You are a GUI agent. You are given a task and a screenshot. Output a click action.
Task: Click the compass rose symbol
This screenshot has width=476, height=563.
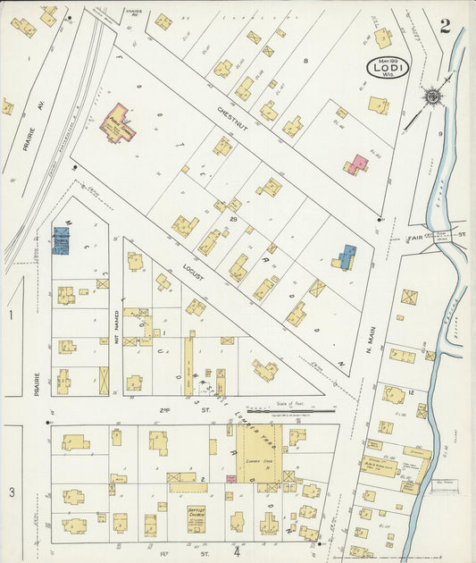432,95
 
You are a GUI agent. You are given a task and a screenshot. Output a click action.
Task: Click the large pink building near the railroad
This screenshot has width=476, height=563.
118,123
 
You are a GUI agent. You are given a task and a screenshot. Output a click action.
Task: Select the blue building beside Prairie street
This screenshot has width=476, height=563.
61,239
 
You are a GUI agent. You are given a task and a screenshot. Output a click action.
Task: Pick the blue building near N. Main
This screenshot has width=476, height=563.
345,257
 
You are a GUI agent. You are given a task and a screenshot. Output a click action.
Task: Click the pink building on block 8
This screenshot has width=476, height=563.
357,164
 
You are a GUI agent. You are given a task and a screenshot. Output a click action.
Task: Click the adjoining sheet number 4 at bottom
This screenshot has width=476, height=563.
237,551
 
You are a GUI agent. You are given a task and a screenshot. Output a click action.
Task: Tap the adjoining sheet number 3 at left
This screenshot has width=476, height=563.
12,492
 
